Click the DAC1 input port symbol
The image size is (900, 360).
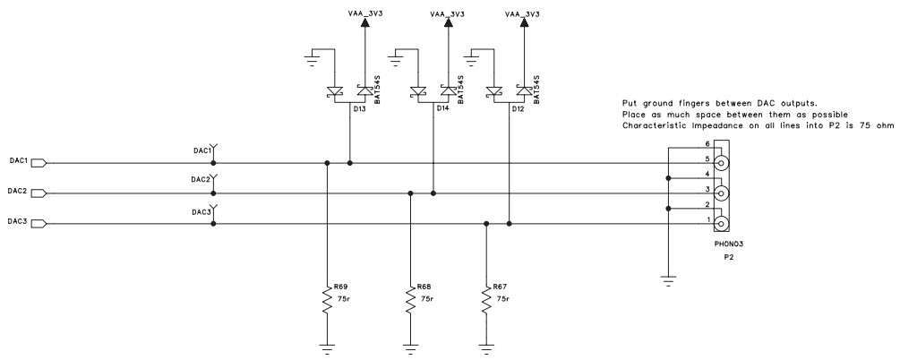39,163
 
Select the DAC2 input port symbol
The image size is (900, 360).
39,193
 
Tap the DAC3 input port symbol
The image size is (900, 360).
39,223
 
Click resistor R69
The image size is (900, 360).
327,301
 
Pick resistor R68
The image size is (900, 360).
410,301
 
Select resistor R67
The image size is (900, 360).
485,301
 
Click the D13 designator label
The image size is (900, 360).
359,108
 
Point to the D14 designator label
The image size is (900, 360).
442,108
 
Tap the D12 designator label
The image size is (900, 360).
518,108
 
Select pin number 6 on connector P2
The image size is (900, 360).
707,143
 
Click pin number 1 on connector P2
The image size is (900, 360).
707,219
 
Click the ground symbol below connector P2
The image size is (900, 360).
668,280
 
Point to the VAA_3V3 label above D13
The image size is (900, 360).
364,14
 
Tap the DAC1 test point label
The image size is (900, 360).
200,151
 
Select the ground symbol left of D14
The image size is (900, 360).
395,59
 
